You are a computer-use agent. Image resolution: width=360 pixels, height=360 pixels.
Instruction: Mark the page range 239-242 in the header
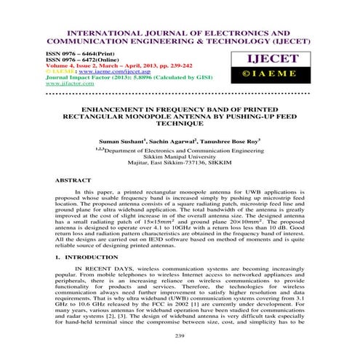tap(157, 65)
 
